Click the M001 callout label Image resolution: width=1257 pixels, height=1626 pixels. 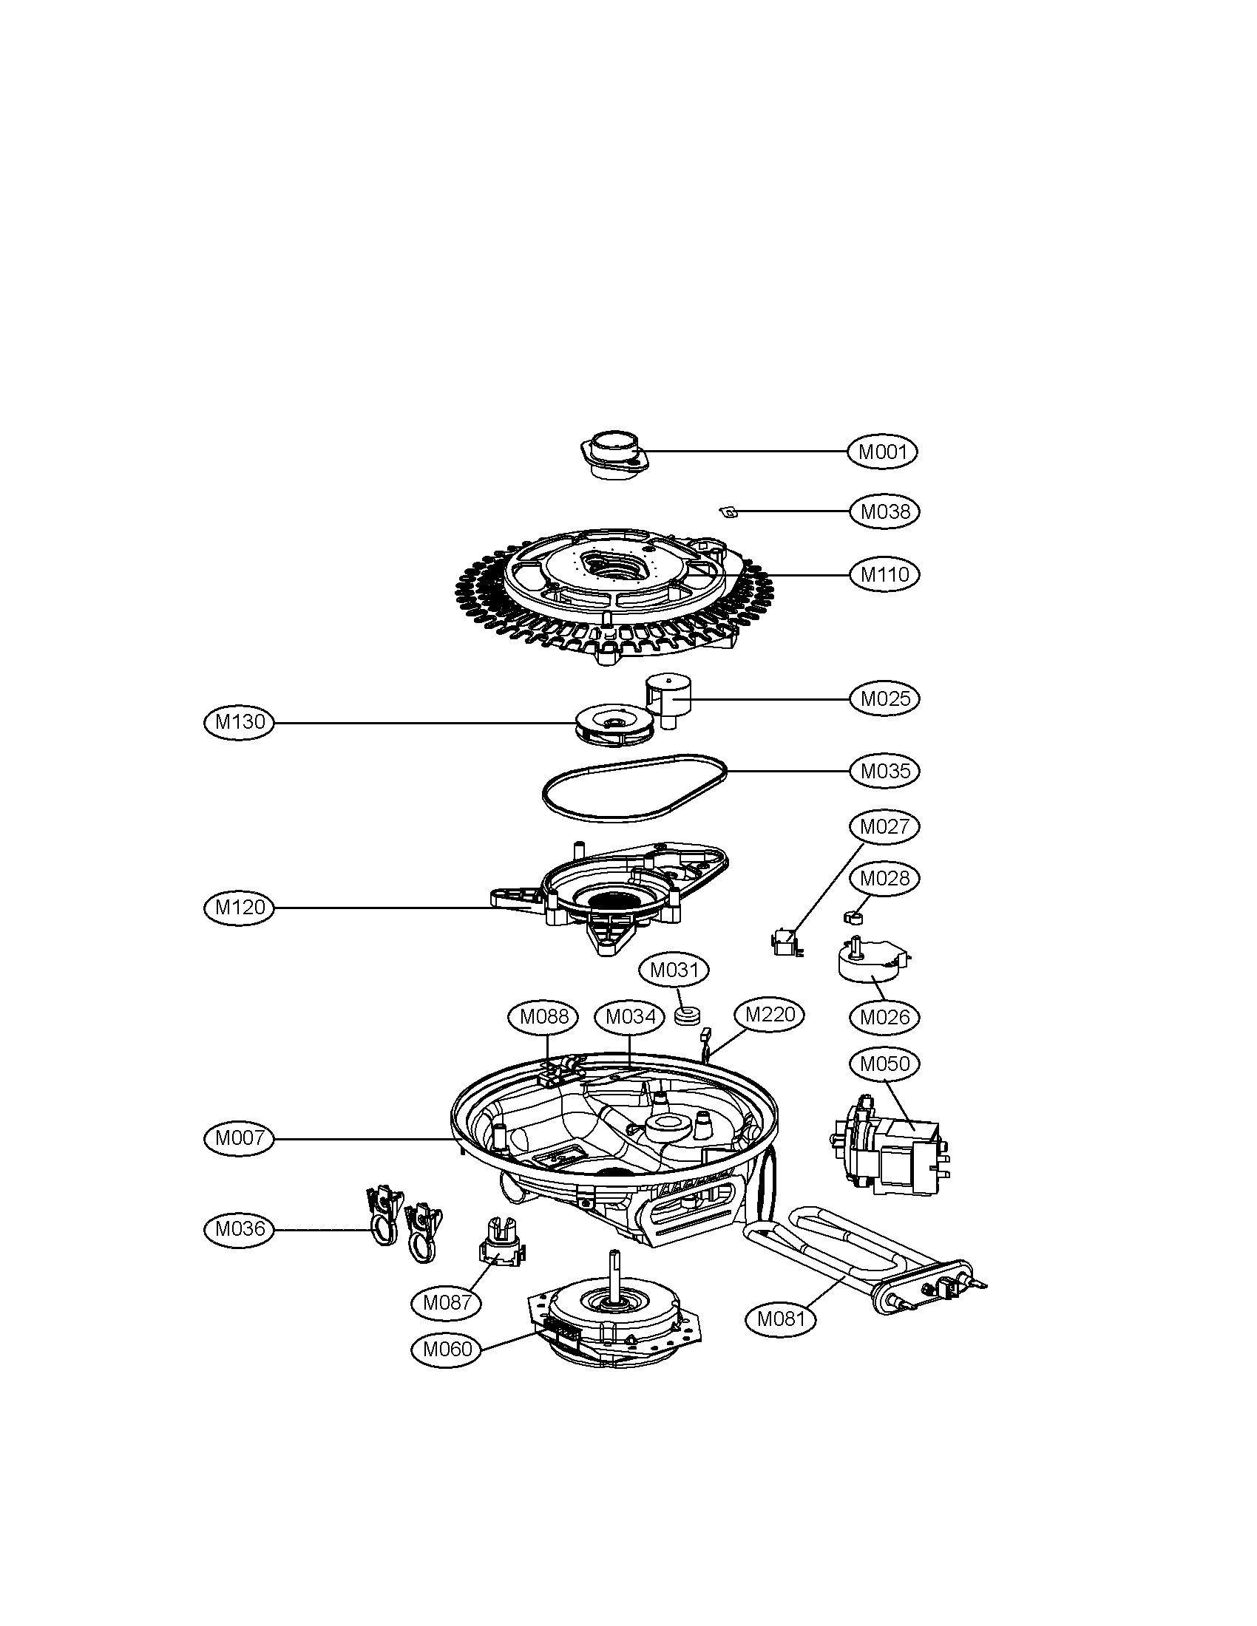coord(882,451)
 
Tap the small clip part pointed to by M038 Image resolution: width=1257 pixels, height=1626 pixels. coord(729,511)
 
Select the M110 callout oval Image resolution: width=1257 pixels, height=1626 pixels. coord(884,574)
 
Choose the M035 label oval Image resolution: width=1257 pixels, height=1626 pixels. coord(884,771)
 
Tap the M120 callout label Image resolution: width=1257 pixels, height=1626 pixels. coord(240,907)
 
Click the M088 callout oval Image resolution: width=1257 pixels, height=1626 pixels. coord(543,1016)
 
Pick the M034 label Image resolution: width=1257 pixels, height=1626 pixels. coord(630,1016)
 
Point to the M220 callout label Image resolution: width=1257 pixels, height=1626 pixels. coord(769,1014)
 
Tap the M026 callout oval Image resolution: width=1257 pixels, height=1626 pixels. coord(884,1016)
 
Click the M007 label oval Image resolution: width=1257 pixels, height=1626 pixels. coord(240,1137)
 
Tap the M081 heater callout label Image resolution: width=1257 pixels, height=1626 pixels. coord(781,1319)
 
